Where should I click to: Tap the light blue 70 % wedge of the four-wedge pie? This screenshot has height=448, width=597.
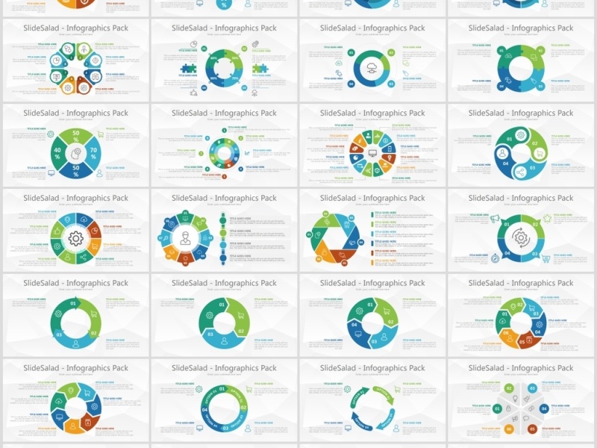(93, 152)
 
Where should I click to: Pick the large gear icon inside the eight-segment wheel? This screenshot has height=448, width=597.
(75, 239)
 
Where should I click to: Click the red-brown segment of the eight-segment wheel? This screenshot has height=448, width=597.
(94, 239)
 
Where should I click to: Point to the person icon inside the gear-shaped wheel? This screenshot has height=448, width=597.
(185, 239)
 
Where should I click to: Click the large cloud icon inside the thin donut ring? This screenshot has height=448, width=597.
(372, 69)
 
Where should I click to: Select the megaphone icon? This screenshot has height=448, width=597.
(494, 219)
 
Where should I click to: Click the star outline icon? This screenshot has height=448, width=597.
(547, 219)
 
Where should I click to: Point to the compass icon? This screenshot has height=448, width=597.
(494, 258)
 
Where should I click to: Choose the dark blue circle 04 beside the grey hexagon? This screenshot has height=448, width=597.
(543, 409)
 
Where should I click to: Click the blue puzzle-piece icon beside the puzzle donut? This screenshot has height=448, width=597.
(186, 68)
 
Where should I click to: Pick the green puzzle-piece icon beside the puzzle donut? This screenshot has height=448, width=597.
(260, 68)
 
